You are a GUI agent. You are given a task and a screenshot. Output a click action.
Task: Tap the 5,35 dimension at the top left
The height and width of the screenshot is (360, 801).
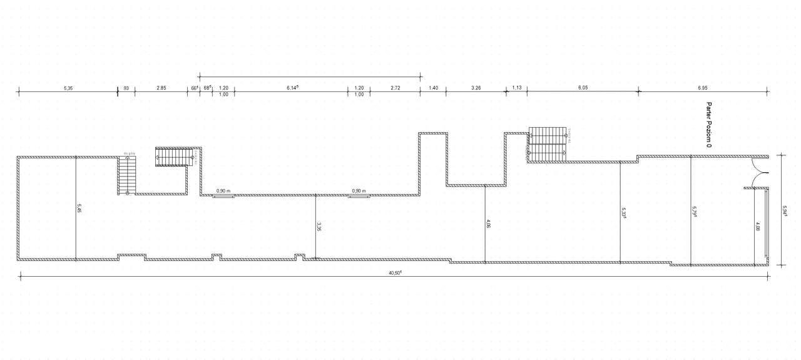68,88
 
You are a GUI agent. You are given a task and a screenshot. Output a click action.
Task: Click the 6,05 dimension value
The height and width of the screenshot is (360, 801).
583,88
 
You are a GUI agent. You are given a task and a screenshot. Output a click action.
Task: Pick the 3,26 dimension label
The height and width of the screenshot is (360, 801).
476,88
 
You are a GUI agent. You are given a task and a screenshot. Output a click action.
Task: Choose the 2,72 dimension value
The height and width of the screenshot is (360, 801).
395,88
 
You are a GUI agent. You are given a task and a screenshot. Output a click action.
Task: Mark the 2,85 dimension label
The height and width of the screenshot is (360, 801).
161,88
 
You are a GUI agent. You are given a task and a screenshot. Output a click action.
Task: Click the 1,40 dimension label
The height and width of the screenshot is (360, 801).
433,88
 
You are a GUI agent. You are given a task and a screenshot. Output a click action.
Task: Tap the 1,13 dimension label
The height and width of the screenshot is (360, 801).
517,88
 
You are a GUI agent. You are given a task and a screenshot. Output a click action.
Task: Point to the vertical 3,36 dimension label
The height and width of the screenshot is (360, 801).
319,227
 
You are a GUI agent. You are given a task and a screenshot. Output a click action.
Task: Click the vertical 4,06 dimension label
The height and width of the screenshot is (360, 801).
488,223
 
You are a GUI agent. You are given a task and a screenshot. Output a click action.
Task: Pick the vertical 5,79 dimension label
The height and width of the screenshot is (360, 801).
694,212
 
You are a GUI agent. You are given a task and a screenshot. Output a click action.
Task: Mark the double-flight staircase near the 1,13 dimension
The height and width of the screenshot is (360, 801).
547,144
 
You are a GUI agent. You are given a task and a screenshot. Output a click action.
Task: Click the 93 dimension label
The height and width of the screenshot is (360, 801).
126,88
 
